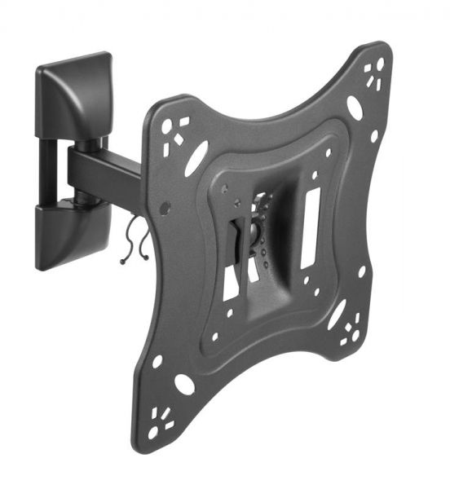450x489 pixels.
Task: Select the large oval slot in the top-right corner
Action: pos(354,107)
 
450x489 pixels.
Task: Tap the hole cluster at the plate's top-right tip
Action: pos(374,74)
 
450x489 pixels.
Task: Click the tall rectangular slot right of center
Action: pos(310,228)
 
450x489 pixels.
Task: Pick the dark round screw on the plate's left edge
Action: pos(165,209)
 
